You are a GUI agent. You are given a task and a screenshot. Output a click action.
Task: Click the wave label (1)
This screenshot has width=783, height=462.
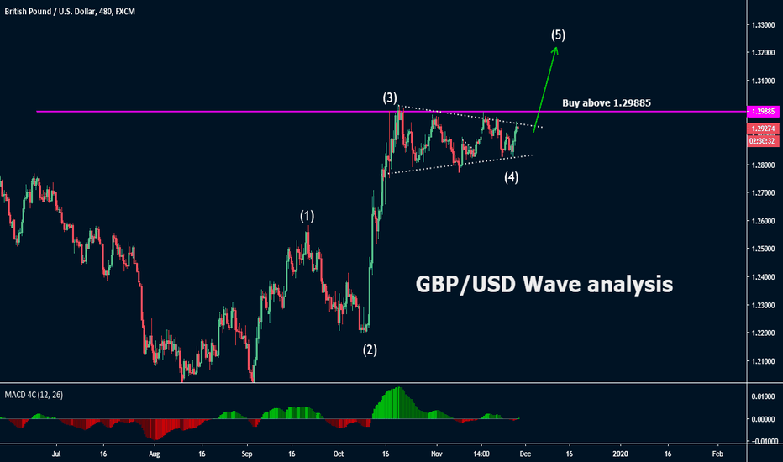tap(307, 216)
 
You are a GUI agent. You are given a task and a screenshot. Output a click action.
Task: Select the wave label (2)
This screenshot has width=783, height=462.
tap(370, 349)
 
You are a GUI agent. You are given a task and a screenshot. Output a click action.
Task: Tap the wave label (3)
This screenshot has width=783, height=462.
tap(390, 97)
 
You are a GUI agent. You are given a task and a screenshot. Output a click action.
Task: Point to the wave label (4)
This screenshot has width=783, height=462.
tap(510, 177)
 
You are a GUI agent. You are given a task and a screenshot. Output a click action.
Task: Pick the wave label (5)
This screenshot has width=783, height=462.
tap(559, 35)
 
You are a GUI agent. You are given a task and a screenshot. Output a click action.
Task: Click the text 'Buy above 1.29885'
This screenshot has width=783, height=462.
tap(607, 102)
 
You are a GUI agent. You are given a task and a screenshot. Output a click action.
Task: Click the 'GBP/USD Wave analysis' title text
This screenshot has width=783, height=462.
tap(544, 285)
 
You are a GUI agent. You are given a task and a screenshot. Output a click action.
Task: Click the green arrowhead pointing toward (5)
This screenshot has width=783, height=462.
tap(554, 49)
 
